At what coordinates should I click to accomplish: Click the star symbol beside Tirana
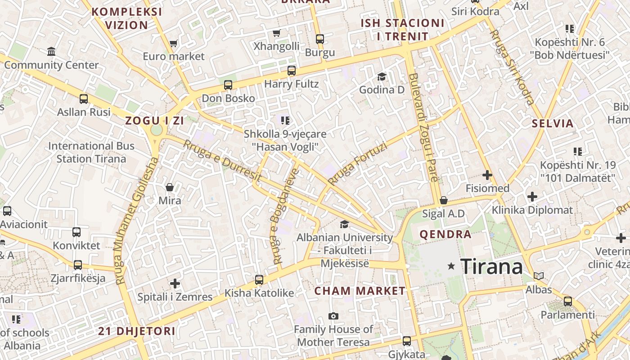pyautogui.click(x=451, y=266)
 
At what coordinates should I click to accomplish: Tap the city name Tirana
pyautogui.click(x=492, y=266)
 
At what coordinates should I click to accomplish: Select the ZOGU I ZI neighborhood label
pyautogui.click(x=155, y=121)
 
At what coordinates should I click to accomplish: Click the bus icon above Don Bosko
pyautogui.click(x=228, y=85)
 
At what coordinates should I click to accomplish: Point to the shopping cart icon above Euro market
pyautogui.click(x=173, y=44)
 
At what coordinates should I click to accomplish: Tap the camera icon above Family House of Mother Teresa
pyautogui.click(x=333, y=316)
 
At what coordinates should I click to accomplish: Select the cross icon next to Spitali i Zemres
pyautogui.click(x=175, y=283)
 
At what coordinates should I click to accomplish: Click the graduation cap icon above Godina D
pyautogui.click(x=382, y=76)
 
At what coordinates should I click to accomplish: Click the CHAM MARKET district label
pyautogui.click(x=360, y=291)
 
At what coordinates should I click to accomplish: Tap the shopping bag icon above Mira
pyautogui.click(x=170, y=187)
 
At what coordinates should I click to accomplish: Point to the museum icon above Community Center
pyautogui.click(x=51, y=51)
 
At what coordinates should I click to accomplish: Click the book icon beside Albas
pyautogui.click(x=538, y=276)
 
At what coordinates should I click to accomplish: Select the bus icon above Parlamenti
pyautogui.click(x=568, y=301)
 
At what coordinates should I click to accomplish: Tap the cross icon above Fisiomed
pyautogui.click(x=487, y=175)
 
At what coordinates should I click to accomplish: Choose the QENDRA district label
pyautogui.click(x=445, y=234)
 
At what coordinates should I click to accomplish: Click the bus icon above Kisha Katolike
pyautogui.click(x=259, y=279)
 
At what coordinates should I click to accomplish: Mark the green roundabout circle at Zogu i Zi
pyautogui.click(x=156, y=130)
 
